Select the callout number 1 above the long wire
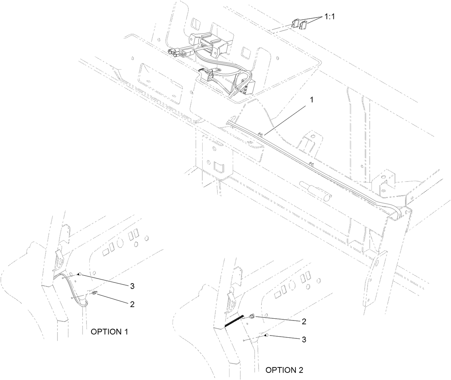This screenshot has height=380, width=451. (x=311, y=100)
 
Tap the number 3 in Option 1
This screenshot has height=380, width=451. (x=132, y=286)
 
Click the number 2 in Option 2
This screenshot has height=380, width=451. (x=304, y=321)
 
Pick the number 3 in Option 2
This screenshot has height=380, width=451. (x=304, y=339)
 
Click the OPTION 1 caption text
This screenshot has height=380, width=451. (x=109, y=332)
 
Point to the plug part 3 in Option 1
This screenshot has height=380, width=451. (x=80, y=274)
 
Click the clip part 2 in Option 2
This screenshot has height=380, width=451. (x=251, y=316)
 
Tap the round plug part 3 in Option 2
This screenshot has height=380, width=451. (x=266, y=335)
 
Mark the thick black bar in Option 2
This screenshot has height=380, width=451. (x=234, y=321)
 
